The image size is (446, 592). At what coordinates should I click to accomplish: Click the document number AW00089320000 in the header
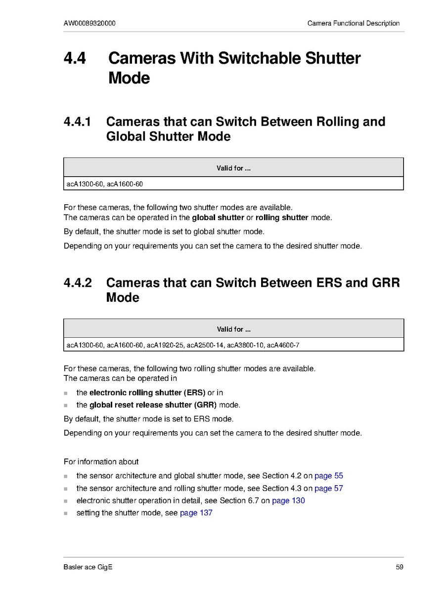(x=89, y=23)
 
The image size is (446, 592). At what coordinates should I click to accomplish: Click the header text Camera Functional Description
(x=353, y=23)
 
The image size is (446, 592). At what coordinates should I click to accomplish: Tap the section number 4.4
(x=75, y=58)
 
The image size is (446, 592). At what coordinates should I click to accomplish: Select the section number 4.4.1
(x=78, y=122)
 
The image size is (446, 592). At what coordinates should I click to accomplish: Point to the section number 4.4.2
(x=78, y=283)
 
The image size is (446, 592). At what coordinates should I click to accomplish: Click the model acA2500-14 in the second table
(x=205, y=345)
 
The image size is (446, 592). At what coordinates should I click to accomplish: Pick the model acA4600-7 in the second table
(x=283, y=345)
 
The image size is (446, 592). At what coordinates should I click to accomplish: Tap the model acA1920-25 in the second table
(x=165, y=345)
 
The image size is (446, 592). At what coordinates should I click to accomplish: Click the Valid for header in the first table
(x=233, y=168)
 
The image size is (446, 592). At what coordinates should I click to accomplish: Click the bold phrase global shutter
(x=218, y=218)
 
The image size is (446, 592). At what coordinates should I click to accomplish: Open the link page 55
(x=329, y=476)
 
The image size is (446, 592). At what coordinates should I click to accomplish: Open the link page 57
(x=329, y=488)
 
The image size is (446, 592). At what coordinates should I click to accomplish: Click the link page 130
(x=288, y=501)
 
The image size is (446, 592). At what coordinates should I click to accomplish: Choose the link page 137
(x=196, y=513)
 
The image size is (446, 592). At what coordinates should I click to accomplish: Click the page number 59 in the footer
(x=400, y=567)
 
